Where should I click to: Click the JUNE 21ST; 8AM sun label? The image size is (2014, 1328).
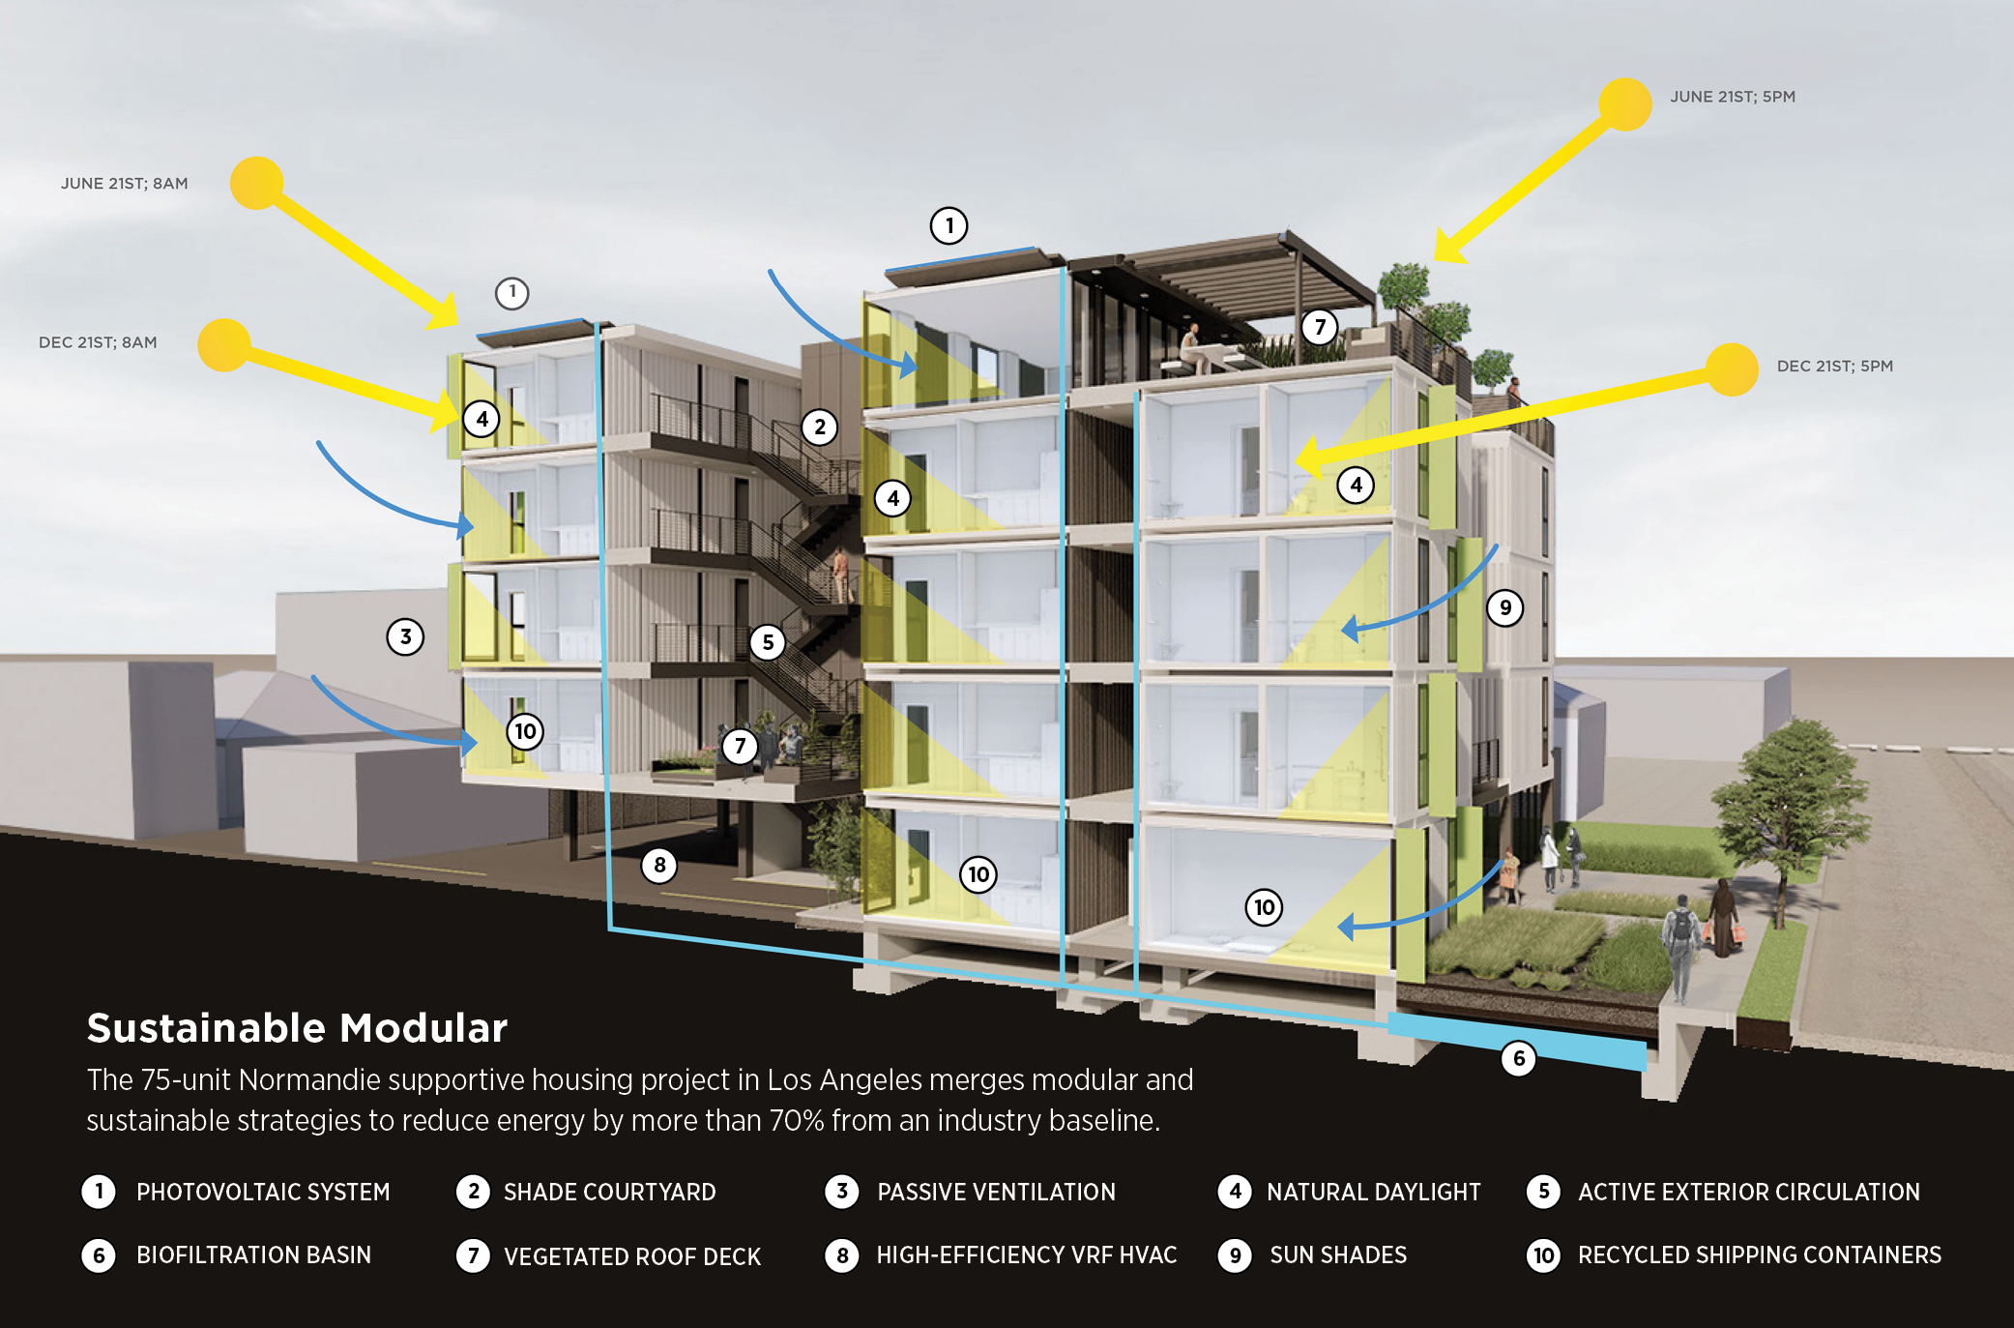click(x=124, y=184)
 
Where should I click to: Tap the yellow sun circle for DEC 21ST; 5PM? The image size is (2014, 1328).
click(x=1732, y=369)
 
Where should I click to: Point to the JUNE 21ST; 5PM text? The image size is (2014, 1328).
click(x=1732, y=97)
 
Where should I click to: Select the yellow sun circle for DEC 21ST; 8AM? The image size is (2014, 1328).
click(x=224, y=345)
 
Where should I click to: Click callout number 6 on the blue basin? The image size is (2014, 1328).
click(x=1518, y=1058)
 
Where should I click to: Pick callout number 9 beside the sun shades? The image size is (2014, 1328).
click(x=1504, y=608)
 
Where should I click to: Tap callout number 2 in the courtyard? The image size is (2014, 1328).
click(x=820, y=427)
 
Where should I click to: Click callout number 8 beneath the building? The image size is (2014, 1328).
click(x=659, y=865)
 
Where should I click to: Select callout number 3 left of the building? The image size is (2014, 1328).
click(x=405, y=636)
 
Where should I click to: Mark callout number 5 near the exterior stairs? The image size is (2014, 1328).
click(x=768, y=642)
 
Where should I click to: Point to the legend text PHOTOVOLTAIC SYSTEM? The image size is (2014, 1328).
click(x=263, y=1192)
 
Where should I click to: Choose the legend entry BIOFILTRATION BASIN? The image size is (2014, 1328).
click(x=253, y=1255)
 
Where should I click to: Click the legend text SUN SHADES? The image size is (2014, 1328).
click(x=1338, y=1255)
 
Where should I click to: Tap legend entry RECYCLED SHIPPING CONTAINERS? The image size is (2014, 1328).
click(x=1759, y=1255)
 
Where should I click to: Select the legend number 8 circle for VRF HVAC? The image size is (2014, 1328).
click(x=842, y=1255)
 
